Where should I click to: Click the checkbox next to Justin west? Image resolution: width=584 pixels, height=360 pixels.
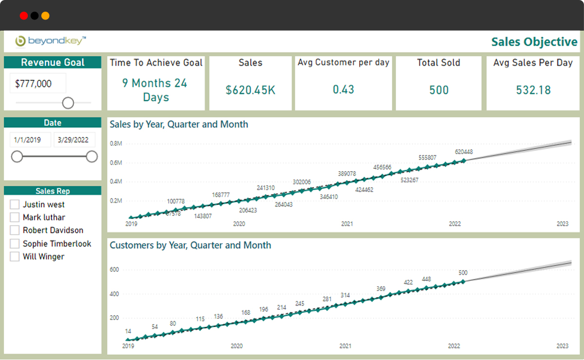pyautogui.click(x=15, y=204)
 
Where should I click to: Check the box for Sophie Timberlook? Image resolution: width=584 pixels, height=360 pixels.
pyautogui.click(x=15, y=244)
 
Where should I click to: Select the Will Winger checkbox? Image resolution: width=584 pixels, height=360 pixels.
pyautogui.click(x=15, y=256)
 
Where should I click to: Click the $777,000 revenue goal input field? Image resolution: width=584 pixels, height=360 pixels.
pyautogui.click(x=37, y=84)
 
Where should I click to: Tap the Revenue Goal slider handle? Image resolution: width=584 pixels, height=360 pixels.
pyautogui.click(x=68, y=103)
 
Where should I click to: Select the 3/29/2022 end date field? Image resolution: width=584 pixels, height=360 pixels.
pyautogui.click(x=74, y=140)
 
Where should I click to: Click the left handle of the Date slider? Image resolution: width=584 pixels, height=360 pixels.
pyautogui.click(x=17, y=156)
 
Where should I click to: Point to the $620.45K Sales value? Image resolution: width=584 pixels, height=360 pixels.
pyautogui.click(x=250, y=90)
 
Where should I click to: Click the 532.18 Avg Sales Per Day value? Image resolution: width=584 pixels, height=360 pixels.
pyautogui.click(x=533, y=90)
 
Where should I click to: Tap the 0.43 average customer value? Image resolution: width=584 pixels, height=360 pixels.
pyautogui.click(x=343, y=90)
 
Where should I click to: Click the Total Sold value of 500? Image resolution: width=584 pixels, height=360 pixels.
pyautogui.click(x=438, y=90)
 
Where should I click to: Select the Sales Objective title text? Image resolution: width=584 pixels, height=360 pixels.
pyautogui.click(x=534, y=42)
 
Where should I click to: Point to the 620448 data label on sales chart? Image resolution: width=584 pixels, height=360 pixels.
pyautogui.click(x=464, y=152)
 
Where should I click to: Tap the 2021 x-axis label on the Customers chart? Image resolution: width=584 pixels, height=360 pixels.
pyautogui.click(x=345, y=346)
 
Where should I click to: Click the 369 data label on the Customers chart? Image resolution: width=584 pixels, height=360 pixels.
pyautogui.click(x=381, y=288)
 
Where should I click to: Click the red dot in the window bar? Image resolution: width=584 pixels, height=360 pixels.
pyautogui.click(x=24, y=16)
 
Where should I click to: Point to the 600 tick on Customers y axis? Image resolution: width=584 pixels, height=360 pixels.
pyautogui.click(x=115, y=270)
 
